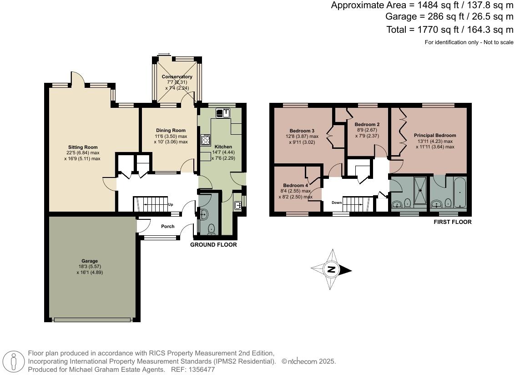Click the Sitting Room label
click(x=83, y=147)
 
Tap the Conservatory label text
click(x=177, y=76)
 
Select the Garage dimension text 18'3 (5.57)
click(x=90, y=266)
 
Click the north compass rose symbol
click(x=332, y=270)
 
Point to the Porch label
click(x=168, y=226)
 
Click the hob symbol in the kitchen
click(x=205, y=140)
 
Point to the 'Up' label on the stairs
click(x=171, y=205)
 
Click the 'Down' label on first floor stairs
click(x=337, y=203)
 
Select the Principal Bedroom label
click(x=434, y=135)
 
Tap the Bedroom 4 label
click(x=295, y=186)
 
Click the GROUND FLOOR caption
click(x=213, y=245)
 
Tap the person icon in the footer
click(x=14, y=362)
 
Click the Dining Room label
click(x=171, y=131)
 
